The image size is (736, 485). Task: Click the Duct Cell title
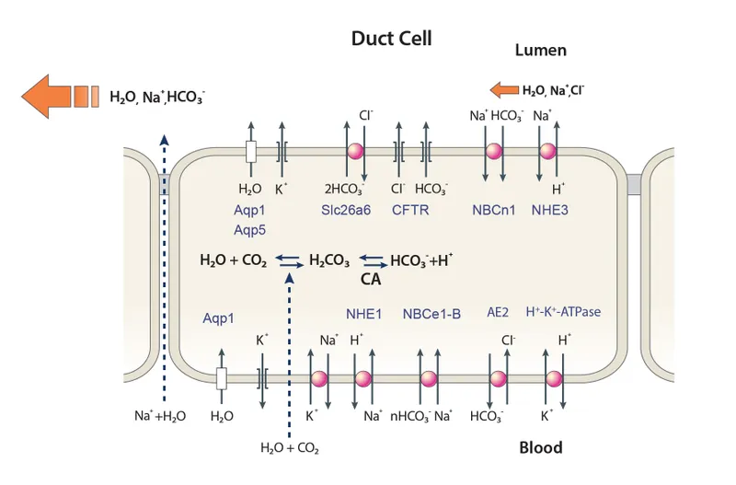click(391, 39)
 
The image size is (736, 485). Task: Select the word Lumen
click(540, 51)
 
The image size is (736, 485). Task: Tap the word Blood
click(540, 448)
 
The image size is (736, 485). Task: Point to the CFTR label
click(410, 211)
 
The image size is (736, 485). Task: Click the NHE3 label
click(550, 211)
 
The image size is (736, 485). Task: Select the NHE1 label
click(363, 314)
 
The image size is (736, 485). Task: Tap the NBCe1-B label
click(431, 314)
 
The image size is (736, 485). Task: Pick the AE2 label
click(498, 313)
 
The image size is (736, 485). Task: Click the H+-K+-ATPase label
click(563, 313)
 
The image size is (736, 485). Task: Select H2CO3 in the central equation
click(329, 261)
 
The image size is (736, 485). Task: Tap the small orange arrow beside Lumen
click(504, 90)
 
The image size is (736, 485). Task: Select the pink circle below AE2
click(498, 379)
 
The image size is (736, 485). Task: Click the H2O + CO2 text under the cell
click(290, 449)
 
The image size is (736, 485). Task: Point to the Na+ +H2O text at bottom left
click(160, 416)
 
